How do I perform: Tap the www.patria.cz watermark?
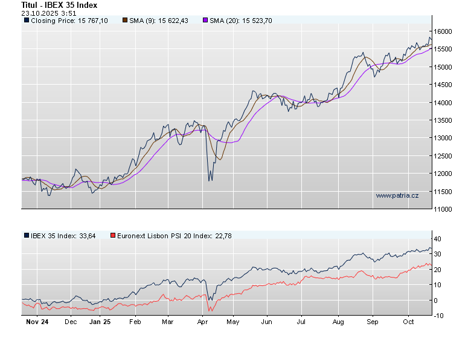[397, 195]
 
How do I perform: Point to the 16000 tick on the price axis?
[446, 31]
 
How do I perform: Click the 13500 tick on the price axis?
[446, 120]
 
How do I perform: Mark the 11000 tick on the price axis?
[446, 209]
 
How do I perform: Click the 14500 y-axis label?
[446, 85]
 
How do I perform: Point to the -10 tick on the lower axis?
[440, 316]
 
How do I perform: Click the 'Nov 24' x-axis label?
[37, 322]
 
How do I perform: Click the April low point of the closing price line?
[209, 180]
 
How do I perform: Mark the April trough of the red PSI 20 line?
[210, 311]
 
